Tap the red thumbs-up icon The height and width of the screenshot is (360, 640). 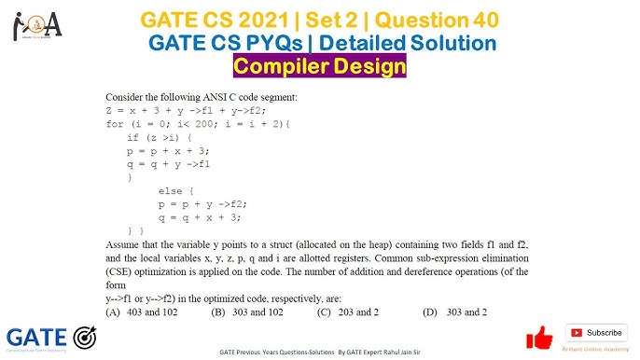pyautogui.click(x=539, y=337)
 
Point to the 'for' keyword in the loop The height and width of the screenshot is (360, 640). pyautogui.click(x=114, y=123)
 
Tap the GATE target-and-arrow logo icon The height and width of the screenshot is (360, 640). pyautogui.click(x=86, y=337)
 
